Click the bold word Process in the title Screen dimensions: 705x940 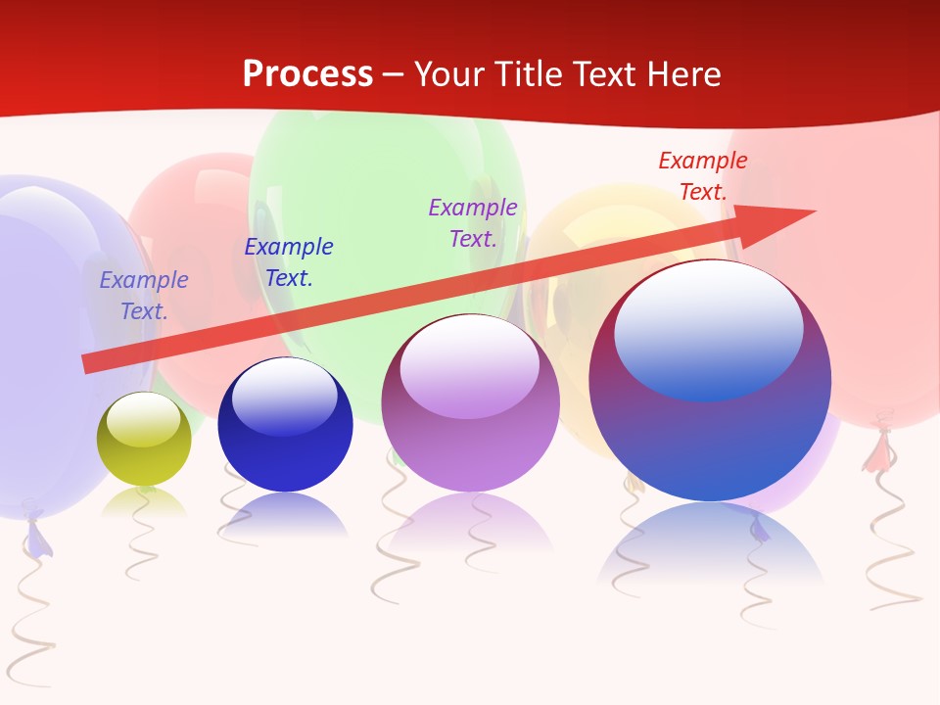[307, 74]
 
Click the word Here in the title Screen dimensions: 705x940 [681, 74]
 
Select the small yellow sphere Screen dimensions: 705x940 [144, 440]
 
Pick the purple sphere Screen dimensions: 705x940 [470, 403]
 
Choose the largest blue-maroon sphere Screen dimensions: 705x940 [710, 382]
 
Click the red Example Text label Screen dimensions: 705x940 [703, 176]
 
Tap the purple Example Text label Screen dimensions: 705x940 [473, 222]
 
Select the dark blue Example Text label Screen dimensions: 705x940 [289, 262]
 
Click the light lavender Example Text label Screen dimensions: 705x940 [144, 295]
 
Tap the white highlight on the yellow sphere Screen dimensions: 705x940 [144, 419]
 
